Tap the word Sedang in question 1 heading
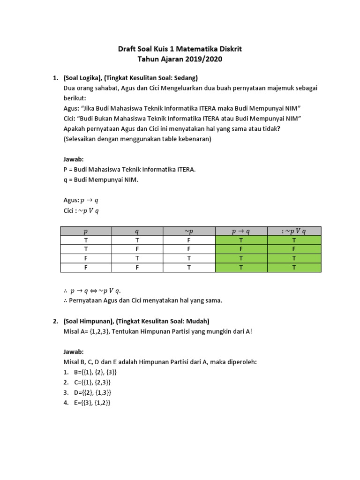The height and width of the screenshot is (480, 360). [186, 77]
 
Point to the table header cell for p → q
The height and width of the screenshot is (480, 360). [241, 231]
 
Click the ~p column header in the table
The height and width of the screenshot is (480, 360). [189, 231]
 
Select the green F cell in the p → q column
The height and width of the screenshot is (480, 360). [241, 249]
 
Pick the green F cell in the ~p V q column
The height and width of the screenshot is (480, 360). [294, 249]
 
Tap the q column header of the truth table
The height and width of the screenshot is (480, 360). [137, 231]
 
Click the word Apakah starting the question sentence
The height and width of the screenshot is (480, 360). [75, 129]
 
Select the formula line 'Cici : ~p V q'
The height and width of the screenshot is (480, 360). [81, 210]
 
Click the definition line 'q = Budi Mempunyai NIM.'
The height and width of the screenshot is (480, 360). [101, 180]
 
